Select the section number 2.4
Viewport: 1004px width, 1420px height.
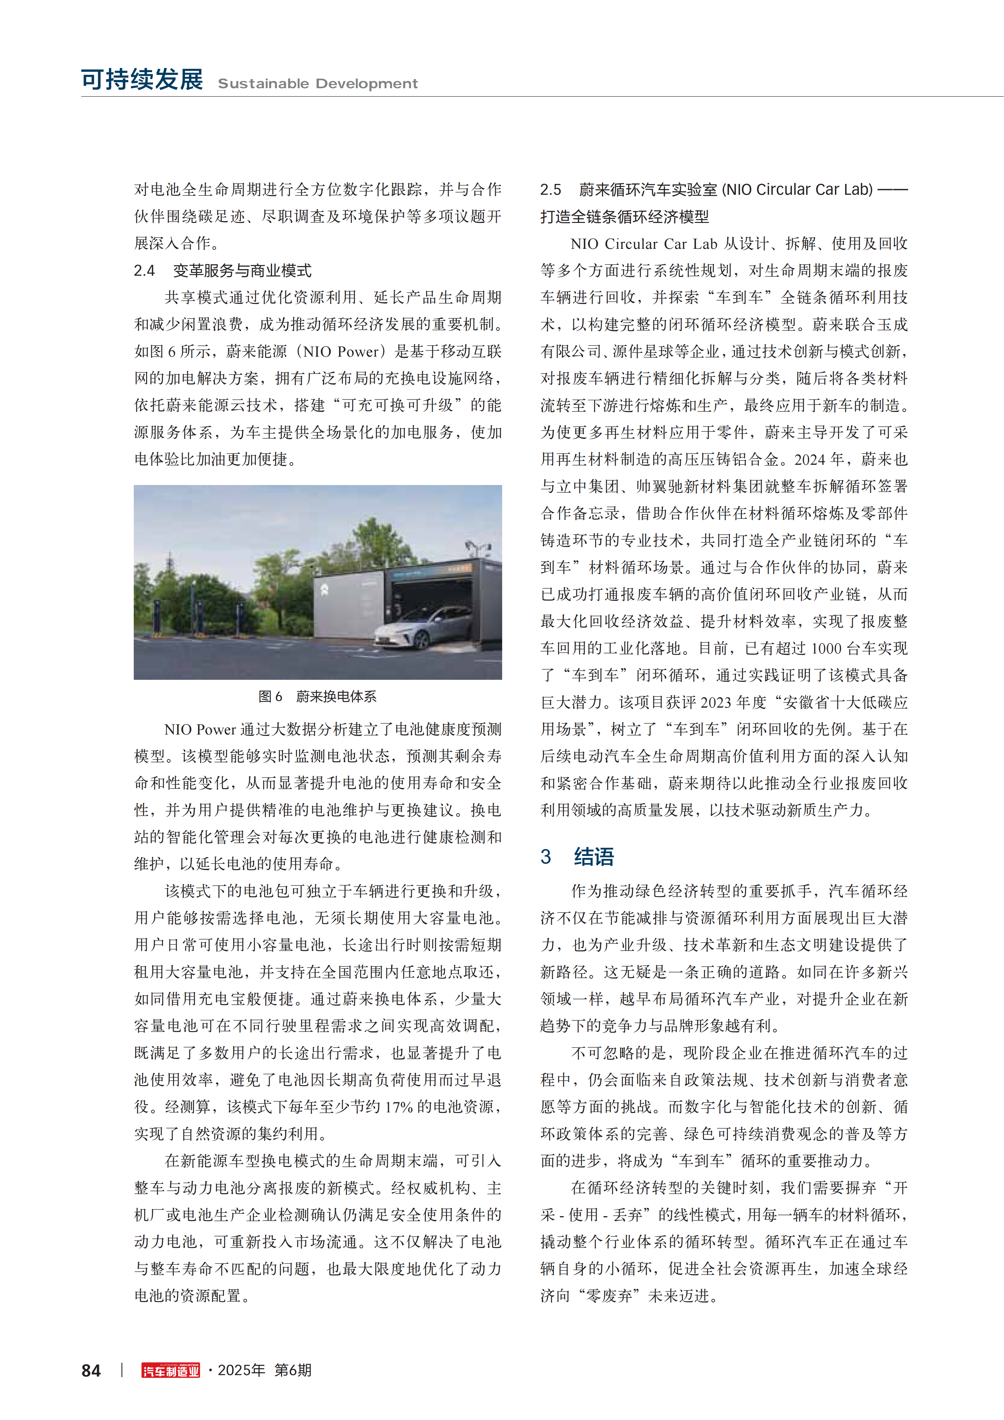click(144, 270)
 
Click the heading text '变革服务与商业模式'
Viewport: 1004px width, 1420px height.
click(242, 270)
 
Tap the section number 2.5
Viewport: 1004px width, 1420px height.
click(551, 189)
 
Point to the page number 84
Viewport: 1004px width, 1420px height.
click(91, 1371)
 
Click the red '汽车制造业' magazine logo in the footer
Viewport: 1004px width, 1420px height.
click(171, 1371)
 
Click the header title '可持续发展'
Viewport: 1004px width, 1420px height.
click(142, 80)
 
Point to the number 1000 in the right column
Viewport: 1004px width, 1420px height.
click(826, 648)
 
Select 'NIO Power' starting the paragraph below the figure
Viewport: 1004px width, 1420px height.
click(200, 729)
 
